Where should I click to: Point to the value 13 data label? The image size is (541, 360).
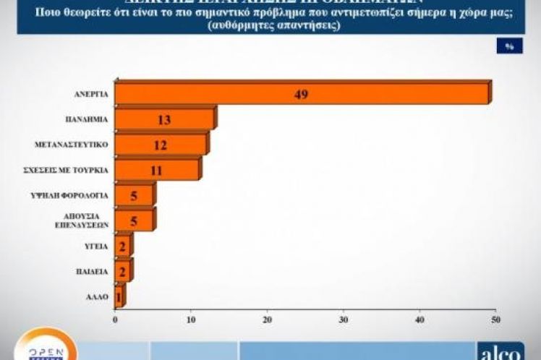[x=164, y=120]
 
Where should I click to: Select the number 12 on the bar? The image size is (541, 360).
[x=160, y=145]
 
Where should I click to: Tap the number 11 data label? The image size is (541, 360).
[x=156, y=171]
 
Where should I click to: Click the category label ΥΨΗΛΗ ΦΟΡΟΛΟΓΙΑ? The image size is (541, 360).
[x=81, y=196]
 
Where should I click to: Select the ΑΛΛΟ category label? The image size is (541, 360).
[x=97, y=297]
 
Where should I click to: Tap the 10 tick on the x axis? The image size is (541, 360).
[x=191, y=318]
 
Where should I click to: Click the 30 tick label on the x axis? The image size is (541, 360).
[x=344, y=318]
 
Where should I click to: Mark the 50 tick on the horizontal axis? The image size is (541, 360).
[x=495, y=318]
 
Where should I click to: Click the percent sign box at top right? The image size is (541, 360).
[x=509, y=46]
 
